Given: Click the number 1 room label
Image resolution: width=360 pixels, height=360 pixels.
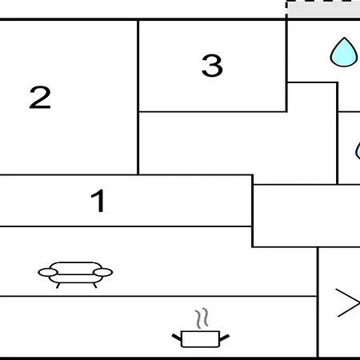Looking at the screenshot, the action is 98,201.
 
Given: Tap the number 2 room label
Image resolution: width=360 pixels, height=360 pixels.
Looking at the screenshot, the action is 40,97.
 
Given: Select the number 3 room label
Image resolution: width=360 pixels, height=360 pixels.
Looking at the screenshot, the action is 212,66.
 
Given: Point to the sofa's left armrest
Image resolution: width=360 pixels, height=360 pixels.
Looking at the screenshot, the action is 48,272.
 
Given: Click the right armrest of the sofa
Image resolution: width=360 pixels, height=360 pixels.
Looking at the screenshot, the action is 103,272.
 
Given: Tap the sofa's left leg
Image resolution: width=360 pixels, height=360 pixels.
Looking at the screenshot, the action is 58,286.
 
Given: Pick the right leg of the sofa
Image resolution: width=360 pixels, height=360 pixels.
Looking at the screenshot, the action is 94,286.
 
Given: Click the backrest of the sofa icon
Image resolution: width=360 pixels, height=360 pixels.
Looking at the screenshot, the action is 76,268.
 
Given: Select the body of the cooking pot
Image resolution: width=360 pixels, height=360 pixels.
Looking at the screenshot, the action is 200,339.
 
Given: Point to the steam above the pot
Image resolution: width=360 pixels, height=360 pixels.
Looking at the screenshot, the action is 202,318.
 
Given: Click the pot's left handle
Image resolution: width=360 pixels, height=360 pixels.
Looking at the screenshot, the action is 177,338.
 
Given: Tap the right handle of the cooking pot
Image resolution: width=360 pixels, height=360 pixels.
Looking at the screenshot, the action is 224,338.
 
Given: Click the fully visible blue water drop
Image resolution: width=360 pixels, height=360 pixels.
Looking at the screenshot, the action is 344,54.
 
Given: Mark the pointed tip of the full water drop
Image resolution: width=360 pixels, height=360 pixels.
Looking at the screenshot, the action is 344,38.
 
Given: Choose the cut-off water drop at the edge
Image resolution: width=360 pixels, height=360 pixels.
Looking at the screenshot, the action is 358,150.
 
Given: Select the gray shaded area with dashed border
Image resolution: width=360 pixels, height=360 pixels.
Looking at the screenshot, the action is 323,10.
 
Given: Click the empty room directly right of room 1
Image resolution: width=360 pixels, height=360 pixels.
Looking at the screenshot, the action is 306,215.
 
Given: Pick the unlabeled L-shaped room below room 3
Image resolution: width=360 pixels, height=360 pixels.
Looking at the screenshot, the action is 238,142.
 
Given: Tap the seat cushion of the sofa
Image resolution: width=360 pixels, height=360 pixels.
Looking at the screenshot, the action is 76,278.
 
